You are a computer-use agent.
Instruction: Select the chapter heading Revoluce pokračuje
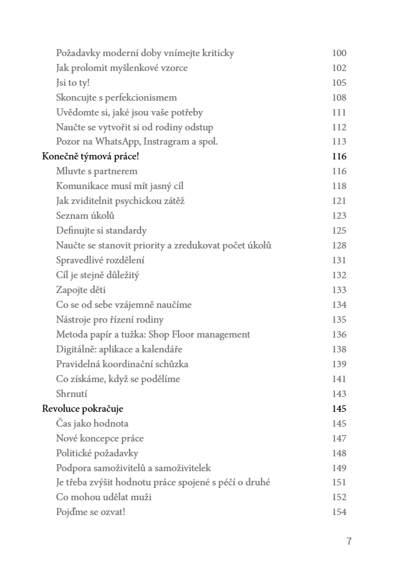[82, 409]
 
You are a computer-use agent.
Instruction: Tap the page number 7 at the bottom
[349, 542]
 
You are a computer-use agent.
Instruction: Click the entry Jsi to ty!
[73, 83]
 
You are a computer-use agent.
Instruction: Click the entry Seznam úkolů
[86, 216]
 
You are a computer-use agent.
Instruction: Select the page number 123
[339, 216]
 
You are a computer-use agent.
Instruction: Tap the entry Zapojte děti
[81, 290]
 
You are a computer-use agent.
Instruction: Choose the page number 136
[339, 334]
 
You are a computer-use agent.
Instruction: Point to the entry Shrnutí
[72, 394]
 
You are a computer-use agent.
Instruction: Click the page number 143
[339, 394]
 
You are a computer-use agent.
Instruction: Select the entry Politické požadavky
[97, 453]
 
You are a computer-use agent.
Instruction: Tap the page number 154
[339, 513]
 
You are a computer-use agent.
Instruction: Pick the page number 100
[339, 53]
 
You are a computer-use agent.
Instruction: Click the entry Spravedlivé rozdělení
[100, 260]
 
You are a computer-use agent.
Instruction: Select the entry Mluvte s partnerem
[97, 172]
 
